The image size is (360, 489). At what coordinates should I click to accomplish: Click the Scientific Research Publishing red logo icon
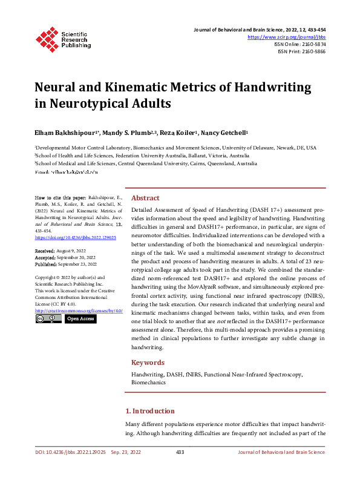(x=47, y=38)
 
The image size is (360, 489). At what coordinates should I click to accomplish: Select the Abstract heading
(x=145, y=198)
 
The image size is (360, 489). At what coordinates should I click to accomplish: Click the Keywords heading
(x=148, y=363)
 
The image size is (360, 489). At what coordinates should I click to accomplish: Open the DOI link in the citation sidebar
(x=76, y=238)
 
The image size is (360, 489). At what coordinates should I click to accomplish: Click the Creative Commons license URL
(x=79, y=310)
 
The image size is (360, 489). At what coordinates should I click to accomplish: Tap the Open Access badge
(x=80, y=318)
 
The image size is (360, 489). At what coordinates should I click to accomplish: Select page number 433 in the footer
(x=180, y=452)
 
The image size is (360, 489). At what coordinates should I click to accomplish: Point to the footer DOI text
(x=70, y=452)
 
